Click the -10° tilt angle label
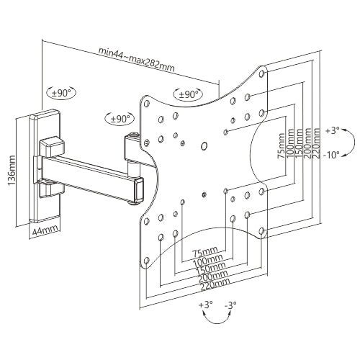point(333,154)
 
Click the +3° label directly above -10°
point(333,131)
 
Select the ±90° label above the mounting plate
point(187,94)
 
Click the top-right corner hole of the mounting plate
point(262,73)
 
